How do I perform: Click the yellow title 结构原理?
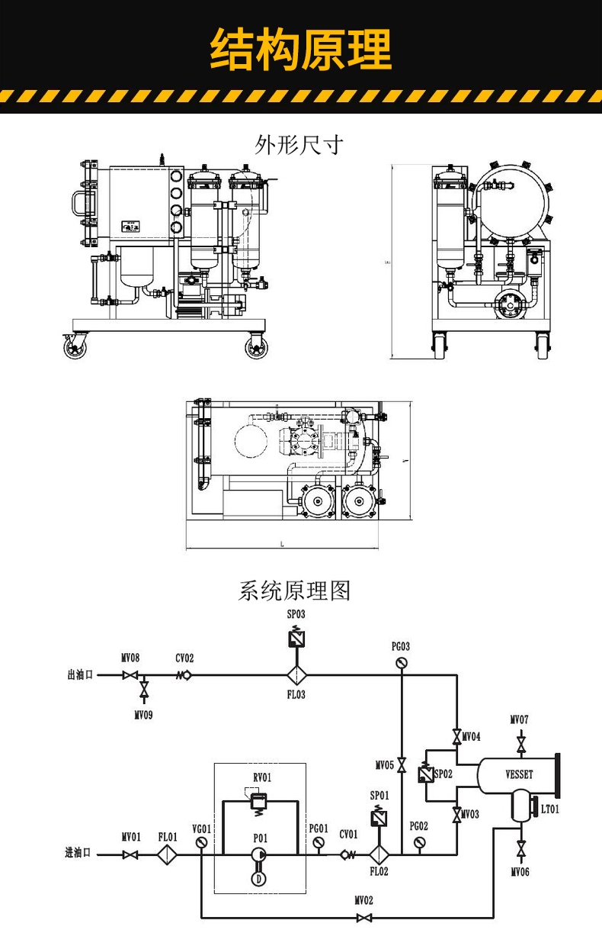300,50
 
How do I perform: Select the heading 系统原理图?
295,590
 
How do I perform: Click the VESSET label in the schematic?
519,774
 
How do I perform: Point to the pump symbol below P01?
259,855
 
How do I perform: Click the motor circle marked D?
259,879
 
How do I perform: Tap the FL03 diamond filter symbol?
296,675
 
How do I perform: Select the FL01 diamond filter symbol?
168,855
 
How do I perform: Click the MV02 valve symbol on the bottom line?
365,917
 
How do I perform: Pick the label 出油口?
80,675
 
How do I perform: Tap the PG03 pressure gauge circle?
402,662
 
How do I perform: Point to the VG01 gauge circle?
201,843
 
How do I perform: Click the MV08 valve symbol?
130,675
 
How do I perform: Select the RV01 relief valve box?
259,799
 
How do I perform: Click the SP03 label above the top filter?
296,613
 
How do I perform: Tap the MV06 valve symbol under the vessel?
521,848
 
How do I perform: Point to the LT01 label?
549,809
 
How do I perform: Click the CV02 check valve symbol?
184,675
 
